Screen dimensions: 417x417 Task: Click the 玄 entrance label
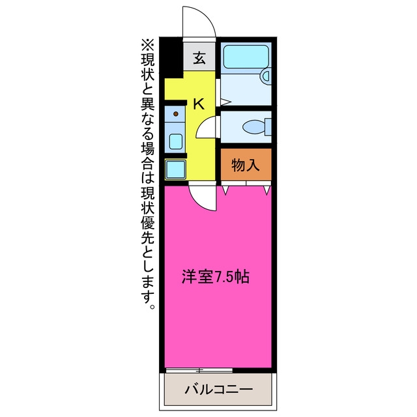click(199, 59)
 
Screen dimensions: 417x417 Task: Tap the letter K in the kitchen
click(198, 104)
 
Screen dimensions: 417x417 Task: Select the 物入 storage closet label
click(246, 165)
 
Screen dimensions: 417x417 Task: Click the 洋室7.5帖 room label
click(216, 277)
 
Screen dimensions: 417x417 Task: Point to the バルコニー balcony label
click(219, 390)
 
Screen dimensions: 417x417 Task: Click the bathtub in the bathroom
click(246, 57)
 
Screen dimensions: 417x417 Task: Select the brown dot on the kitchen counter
click(175, 114)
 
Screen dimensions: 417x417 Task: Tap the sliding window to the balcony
click(199, 370)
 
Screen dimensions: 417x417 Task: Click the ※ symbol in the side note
click(148, 45)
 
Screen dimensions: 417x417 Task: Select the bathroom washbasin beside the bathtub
click(266, 76)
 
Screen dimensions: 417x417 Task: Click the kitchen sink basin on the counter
click(176, 141)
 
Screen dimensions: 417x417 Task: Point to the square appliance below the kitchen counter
click(175, 169)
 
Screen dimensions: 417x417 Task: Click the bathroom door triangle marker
click(225, 102)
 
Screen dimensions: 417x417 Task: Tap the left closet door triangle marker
click(225, 190)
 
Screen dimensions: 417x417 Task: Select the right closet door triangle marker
click(267, 190)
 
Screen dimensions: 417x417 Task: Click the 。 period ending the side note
click(152, 306)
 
